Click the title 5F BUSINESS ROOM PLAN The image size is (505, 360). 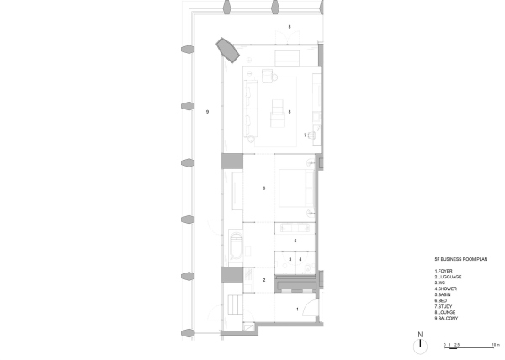455,259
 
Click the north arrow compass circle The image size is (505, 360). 419,345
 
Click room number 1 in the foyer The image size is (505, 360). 296,310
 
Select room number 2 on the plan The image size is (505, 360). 264,280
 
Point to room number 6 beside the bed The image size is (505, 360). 264,188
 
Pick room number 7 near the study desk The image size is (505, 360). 305,135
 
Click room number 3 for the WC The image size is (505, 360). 290,260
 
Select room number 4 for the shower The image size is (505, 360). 300,260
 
